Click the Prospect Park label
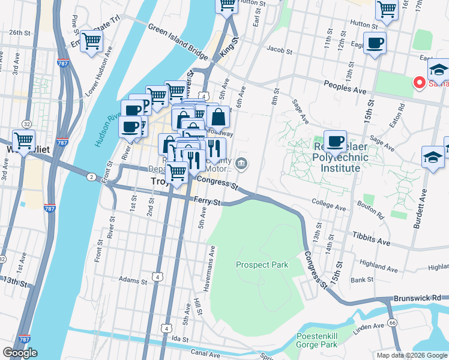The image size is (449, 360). pyautogui.click(x=262, y=265)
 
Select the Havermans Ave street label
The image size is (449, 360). pyautogui.click(x=212, y=262)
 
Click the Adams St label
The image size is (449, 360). pyautogui.click(x=133, y=280)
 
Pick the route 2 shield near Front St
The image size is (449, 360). pyautogui.click(x=91, y=176)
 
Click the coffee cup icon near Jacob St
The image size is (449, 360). pyautogui.click(x=375, y=43)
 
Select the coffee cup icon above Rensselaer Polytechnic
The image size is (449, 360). pyautogui.click(x=335, y=141)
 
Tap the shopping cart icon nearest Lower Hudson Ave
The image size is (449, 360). pyautogui.click(x=92, y=41)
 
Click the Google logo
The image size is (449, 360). pyautogui.click(x=20, y=353)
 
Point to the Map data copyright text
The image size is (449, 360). pyautogui.click(x=412, y=355)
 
